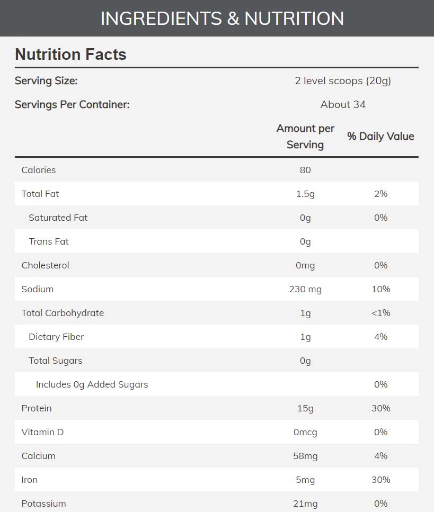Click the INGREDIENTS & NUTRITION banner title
pyautogui.click(x=222, y=19)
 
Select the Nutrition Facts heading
pyautogui.click(x=70, y=55)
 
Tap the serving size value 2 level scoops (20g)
pyautogui.click(x=343, y=81)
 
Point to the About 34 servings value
pyautogui.click(x=343, y=104)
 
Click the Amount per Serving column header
pyautogui.click(x=305, y=137)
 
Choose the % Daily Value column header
pyautogui.click(x=380, y=136)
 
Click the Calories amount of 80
pyautogui.click(x=305, y=170)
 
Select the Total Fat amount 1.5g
pyautogui.click(x=305, y=194)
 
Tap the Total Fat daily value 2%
pyautogui.click(x=380, y=194)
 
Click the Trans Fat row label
pyautogui.click(x=49, y=241)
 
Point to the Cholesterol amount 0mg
pyautogui.click(x=305, y=265)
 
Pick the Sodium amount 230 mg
pyautogui.click(x=305, y=289)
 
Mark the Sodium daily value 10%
pyautogui.click(x=380, y=289)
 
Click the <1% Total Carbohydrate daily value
pyautogui.click(x=380, y=313)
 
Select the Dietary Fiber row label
pyautogui.click(x=56, y=337)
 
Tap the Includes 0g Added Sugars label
pyautogui.click(x=92, y=384)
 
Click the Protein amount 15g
pyautogui.click(x=305, y=408)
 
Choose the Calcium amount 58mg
pyautogui.click(x=305, y=456)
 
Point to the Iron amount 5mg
pyautogui.click(x=305, y=480)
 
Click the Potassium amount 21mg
pyautogui.click(x=305, y=504)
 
